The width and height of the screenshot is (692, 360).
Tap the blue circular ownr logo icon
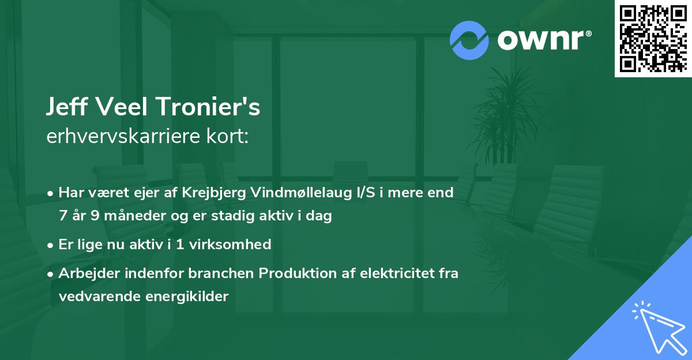coord(469,40)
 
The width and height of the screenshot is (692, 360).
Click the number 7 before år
coord(62,216)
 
